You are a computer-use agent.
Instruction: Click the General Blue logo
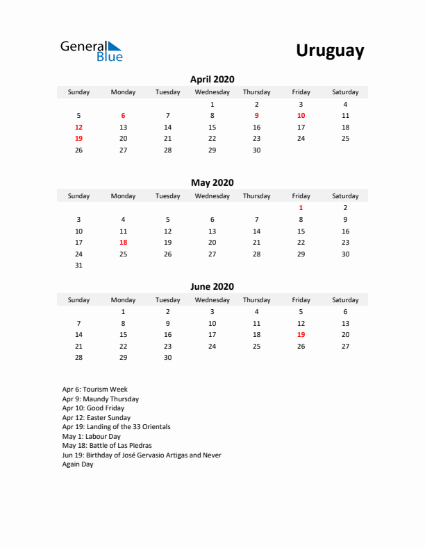tap(91, 51)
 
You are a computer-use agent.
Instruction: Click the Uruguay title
tap(330, 51)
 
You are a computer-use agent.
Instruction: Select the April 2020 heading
tap(212, 79)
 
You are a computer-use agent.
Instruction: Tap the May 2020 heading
tap(212, 183)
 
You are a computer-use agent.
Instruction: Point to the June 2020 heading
tap(212, 286)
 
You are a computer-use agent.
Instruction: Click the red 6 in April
tap(123, 116)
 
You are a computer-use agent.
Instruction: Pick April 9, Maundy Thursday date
tap(256, 116)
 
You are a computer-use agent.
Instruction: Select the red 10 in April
tap(301, 116)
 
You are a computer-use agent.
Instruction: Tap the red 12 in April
tap(78, 128)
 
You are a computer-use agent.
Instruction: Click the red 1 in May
tap(301, 208)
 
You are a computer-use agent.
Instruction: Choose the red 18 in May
tap(123, 243)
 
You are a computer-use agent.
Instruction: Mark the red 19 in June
tap(301, 335)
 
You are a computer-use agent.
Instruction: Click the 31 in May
tap(78, 265)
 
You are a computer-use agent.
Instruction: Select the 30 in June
tap(167, 358)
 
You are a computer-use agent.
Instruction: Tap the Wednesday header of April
tap(212, 92)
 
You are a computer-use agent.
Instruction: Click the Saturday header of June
tap(345, 300)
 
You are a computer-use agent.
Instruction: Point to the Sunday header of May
tap(78, 196)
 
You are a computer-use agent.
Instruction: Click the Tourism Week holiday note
tap(94, 390)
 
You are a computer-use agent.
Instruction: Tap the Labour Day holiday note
tap(91, 437)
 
